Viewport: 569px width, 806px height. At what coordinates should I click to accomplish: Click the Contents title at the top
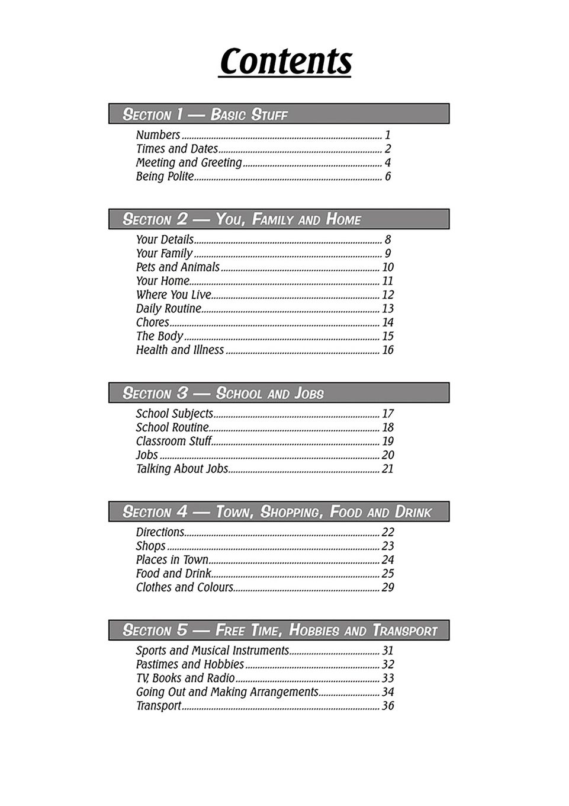[285, 61]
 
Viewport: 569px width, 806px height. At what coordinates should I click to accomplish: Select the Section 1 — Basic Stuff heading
[205, 114]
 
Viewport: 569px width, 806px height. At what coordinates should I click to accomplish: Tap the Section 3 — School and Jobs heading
[223, 393]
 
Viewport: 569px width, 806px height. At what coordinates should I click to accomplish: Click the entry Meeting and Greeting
[189, 162]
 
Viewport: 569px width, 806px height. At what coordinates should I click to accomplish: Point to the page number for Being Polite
[388, 177]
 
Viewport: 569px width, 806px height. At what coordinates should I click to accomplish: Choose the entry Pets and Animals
[178, 267]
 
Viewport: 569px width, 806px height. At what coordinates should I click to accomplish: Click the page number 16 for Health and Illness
[388, 350]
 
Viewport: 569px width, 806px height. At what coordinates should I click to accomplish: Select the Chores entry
[153, 322]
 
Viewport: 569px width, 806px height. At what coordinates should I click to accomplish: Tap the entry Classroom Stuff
[174, 442]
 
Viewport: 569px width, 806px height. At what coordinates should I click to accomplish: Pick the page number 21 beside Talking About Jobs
[388, 469]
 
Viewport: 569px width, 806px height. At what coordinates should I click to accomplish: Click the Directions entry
[160, 532]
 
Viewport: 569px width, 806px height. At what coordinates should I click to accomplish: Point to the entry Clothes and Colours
[185, 587]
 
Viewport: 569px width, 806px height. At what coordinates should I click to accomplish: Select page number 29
[388, 587]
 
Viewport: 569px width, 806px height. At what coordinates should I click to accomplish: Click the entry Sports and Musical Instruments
[213, 651]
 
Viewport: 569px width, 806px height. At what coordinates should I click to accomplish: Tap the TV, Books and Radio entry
[185, 678]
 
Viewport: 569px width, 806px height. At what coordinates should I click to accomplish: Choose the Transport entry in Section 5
[159, 706]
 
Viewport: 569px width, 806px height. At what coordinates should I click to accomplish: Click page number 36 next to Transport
[388, 706]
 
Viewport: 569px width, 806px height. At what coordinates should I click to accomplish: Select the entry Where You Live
[173, 295]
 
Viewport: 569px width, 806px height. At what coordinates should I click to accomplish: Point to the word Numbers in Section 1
[158, 135]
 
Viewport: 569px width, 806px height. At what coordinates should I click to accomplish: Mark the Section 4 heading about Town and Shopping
[277, 511]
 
